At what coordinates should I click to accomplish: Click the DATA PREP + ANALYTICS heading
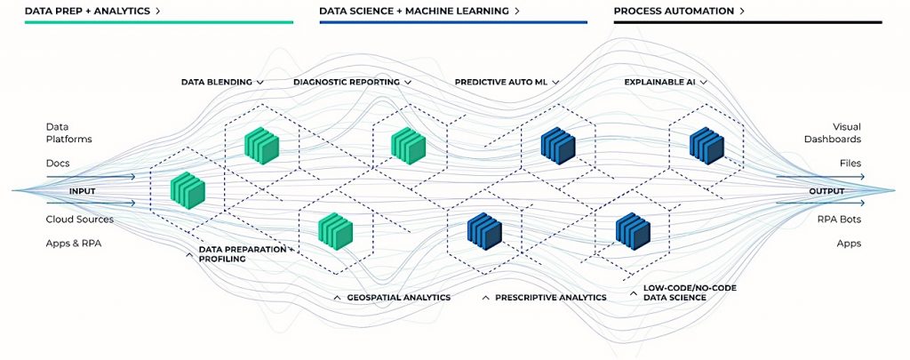point(89,11)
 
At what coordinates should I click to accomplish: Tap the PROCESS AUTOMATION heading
point(674,11)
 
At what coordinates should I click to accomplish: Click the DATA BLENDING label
point(217,81)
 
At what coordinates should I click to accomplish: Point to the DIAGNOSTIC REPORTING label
point(347,81)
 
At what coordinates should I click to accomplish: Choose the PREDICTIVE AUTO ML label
point(500,81)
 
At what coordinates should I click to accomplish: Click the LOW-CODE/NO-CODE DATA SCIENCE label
point(689,292)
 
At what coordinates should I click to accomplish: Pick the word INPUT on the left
point(83,190)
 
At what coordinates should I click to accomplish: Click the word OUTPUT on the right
point(826,190)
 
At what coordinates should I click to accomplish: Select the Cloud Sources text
point(80,219)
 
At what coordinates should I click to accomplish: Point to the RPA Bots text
point(842,219)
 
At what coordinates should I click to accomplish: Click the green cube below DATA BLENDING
point(262,143)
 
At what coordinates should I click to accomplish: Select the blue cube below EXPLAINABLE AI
point(709,145)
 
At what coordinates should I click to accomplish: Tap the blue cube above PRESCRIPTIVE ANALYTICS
point(485,230)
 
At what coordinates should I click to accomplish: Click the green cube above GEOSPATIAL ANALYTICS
point(337,230)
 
